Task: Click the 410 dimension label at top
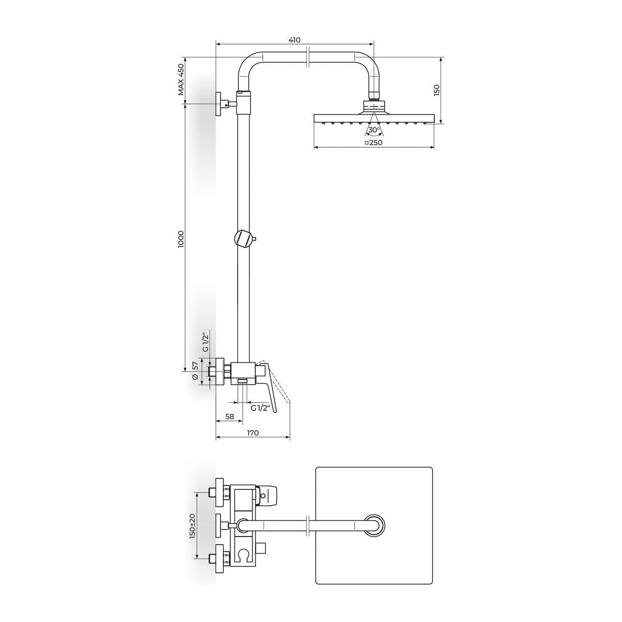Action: click(294, 40)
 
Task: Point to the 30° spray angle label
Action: click(374, 130)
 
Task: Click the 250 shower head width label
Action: click(374, 143)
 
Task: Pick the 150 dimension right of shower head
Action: click(436, 91)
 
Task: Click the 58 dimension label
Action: click(230, 416)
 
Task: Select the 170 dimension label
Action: click(253, 433)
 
